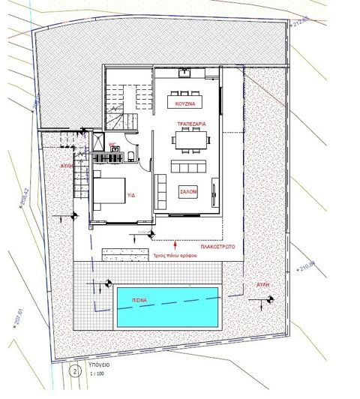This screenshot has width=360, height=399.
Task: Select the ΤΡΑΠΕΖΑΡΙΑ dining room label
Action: (192, 122)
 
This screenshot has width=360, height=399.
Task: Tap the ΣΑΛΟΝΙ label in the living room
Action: (187, 192)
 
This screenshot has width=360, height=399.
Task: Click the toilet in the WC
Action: (130, 155)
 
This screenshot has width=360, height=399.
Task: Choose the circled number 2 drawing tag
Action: (73, 370)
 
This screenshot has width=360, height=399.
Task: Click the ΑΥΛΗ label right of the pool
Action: (262, 286)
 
